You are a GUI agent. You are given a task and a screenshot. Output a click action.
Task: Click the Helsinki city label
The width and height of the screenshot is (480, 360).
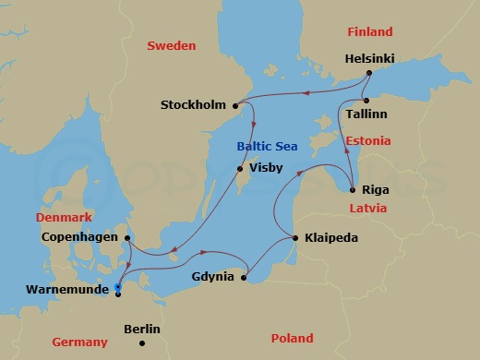coord(369,58)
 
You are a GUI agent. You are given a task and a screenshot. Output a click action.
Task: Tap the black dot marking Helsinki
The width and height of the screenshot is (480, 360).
coord(368,72)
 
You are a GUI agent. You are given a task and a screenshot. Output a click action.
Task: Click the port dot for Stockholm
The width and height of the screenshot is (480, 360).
coord(236,105)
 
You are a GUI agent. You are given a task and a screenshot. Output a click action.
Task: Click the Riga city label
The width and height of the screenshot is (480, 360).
coord(375,189)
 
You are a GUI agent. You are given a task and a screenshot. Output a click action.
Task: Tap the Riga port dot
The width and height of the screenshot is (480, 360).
coord(352,189)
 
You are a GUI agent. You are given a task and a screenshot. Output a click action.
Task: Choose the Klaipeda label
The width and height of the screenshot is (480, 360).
coord(330,238)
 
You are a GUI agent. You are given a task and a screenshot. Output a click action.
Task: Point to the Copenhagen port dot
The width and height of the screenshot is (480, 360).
coord(126,237)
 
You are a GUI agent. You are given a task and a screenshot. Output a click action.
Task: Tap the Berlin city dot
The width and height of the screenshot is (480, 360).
coord(141,343)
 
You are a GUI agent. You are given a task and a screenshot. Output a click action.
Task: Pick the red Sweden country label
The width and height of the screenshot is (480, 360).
coord(171,45)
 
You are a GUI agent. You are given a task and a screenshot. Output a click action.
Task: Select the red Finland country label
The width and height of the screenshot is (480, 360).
coord(370,31)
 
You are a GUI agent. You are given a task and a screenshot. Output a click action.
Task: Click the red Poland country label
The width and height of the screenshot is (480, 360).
coord(285,338)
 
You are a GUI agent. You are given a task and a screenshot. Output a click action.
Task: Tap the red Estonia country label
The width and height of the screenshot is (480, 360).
coord(368,141)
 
